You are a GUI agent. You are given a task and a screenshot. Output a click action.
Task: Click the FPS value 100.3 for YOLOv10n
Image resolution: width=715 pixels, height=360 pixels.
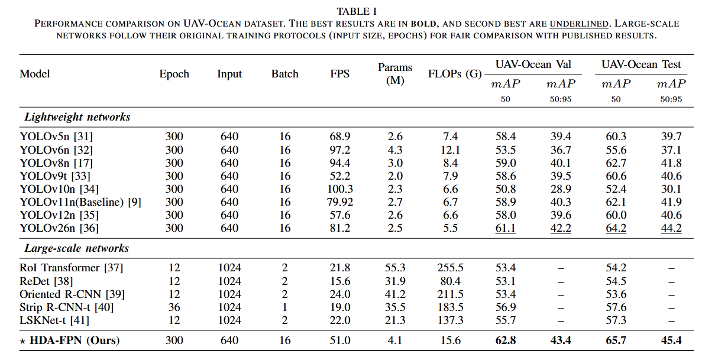click(340, 189)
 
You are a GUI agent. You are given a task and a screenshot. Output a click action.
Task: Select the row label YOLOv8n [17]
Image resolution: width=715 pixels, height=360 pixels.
click(56, 163)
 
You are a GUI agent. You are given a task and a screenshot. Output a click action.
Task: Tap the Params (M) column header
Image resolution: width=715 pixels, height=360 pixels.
click(395, 74)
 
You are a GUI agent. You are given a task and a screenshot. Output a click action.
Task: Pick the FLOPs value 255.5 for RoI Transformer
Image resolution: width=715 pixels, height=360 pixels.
click(450, 267)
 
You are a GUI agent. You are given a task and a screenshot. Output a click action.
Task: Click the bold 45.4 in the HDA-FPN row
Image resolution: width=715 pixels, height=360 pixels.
click(671, 340)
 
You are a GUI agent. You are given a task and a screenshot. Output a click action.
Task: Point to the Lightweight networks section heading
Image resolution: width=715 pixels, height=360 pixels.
click(77, 117)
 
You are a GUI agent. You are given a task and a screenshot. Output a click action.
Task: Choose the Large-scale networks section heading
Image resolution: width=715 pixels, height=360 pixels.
click(77, 248)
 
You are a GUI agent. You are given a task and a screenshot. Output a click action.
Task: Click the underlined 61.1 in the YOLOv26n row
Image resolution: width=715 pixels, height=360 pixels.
click(506, 228)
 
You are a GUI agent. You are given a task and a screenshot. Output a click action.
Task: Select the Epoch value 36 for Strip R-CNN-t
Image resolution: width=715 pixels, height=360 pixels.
click(174, 307)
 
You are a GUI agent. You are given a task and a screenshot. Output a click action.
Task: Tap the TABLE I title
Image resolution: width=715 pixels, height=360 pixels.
click(357, 11)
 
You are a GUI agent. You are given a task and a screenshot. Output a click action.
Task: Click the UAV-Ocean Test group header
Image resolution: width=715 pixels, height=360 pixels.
click(641, 64)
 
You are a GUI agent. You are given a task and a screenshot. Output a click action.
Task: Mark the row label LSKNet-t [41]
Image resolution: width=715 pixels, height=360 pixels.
click(54, 320)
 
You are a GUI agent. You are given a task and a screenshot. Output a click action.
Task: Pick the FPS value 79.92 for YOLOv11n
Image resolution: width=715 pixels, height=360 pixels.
click(340, 202)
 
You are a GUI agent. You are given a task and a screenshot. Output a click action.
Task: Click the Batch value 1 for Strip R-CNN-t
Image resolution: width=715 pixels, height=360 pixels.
click(284, 307)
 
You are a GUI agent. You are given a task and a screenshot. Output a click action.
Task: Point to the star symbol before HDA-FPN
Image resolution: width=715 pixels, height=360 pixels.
click(22, 342)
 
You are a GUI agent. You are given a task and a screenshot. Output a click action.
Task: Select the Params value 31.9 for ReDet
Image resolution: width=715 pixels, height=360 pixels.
click(395, 281)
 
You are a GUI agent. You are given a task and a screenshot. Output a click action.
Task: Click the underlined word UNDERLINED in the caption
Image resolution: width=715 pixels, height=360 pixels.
click(579, 24)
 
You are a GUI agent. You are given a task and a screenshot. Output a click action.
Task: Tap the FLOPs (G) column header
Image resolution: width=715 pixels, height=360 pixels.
click(455, 74)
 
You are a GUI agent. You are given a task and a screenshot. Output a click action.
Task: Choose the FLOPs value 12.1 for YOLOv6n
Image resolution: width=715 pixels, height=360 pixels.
click(451, 150)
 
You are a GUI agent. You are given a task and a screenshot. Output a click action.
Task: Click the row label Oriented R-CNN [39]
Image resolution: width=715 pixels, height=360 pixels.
click(72, 294)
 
